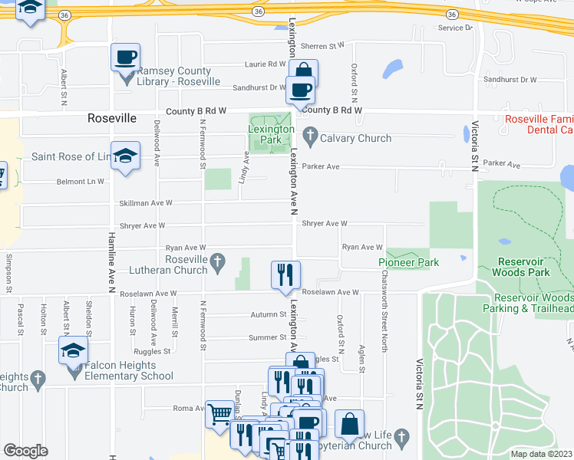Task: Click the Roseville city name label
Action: [x=112, y=119]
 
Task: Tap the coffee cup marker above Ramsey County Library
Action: [x=125, y=58]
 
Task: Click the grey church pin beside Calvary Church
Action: [x=310, y=138]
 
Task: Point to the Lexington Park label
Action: [x=271, y=135]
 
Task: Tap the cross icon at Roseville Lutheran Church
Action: [x=218, y=262]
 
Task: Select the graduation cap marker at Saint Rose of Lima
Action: [x=125, y=156]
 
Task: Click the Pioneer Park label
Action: [x=408, y=263]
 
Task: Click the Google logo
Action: [x=25, y=451]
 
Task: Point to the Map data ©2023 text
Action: [x=542, y=454]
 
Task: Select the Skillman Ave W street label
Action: [x=146, y=203]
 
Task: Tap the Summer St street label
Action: [x=267, y=337]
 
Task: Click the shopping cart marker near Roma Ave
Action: [x=220, y=414]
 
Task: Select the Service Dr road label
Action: [x=455, y=28]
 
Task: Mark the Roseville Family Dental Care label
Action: [x=539, y=125]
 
